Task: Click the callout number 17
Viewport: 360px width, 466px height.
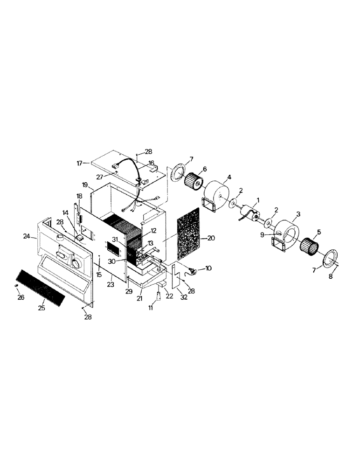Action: point(79,163)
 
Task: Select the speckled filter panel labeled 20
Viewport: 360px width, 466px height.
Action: point(188,236)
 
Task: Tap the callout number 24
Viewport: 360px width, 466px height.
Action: point(27,237)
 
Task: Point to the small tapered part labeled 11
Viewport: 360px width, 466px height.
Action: point(159,296)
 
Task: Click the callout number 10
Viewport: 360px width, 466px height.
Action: point(208,269)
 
